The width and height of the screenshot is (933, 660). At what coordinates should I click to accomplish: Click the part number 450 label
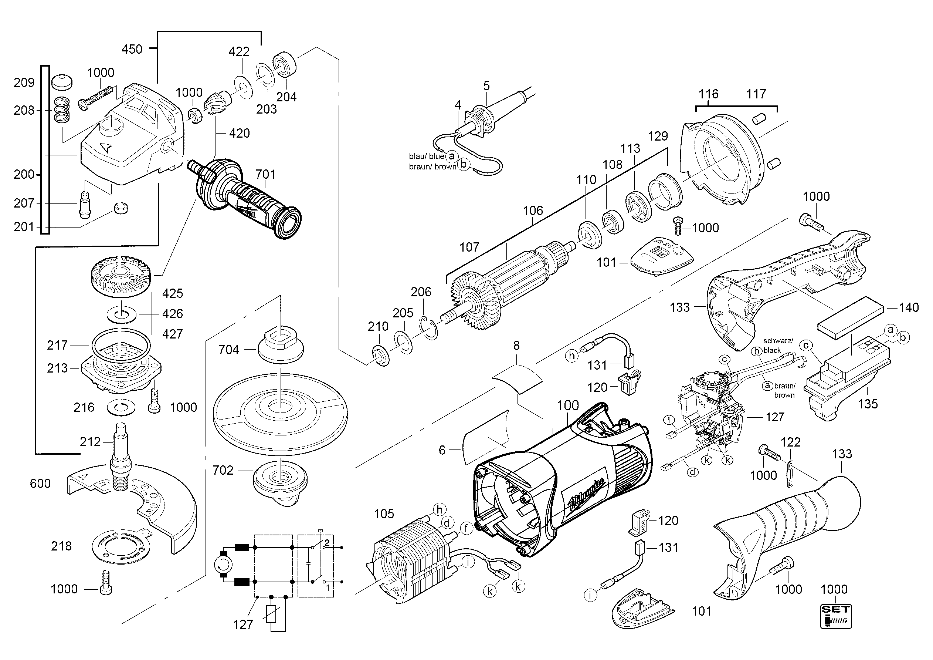[132, 49]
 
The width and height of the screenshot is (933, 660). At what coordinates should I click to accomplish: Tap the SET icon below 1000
[835, 616]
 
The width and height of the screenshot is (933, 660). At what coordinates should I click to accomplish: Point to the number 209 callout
[24, 82]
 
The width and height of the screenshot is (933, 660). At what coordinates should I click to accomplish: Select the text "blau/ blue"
[427, 156]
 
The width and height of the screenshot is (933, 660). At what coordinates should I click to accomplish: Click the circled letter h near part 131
[572, 356]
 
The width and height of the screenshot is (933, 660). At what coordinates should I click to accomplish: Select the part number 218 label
[61, 546]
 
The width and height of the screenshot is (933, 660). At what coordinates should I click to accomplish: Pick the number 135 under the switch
[868, 404]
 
